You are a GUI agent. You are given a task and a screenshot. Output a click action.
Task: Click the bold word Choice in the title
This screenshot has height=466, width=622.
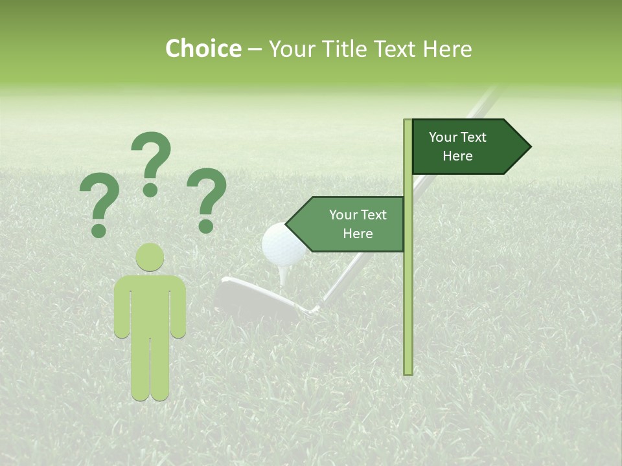[203, 49]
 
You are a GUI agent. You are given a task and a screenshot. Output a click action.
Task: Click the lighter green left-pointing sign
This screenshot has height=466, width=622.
[350, 224]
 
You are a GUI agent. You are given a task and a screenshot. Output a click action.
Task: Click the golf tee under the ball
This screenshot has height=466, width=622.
[284, 274]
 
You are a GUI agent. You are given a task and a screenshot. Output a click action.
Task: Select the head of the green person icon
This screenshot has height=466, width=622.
[150, 257]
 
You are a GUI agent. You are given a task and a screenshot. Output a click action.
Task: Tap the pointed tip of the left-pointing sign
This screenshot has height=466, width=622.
[288, 225]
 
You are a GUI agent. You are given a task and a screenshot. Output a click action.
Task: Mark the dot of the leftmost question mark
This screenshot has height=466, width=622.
[98, 230]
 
